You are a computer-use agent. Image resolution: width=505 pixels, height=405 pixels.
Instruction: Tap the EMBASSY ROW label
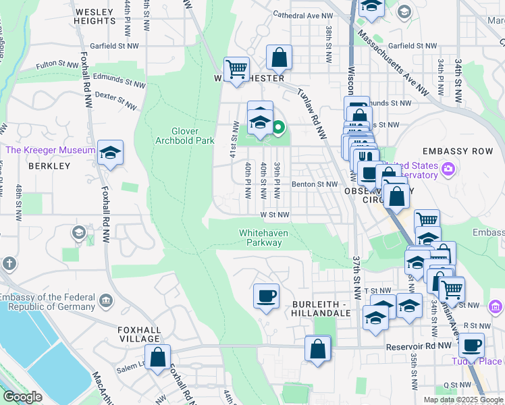point(454,151)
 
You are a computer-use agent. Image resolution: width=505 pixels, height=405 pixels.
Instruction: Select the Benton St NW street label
point(314,184)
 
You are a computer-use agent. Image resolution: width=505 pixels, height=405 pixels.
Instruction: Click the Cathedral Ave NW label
point(302,14)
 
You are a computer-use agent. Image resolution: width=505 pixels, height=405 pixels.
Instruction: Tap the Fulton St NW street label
point(58,65)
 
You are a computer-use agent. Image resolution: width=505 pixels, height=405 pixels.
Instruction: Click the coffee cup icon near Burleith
point(266,296)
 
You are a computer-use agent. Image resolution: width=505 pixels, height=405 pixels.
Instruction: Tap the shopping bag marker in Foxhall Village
point(157,356)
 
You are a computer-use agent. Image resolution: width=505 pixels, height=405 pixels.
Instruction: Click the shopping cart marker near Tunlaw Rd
point(236,68)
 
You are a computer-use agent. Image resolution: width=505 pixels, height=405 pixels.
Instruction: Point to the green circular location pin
point(277,126)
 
